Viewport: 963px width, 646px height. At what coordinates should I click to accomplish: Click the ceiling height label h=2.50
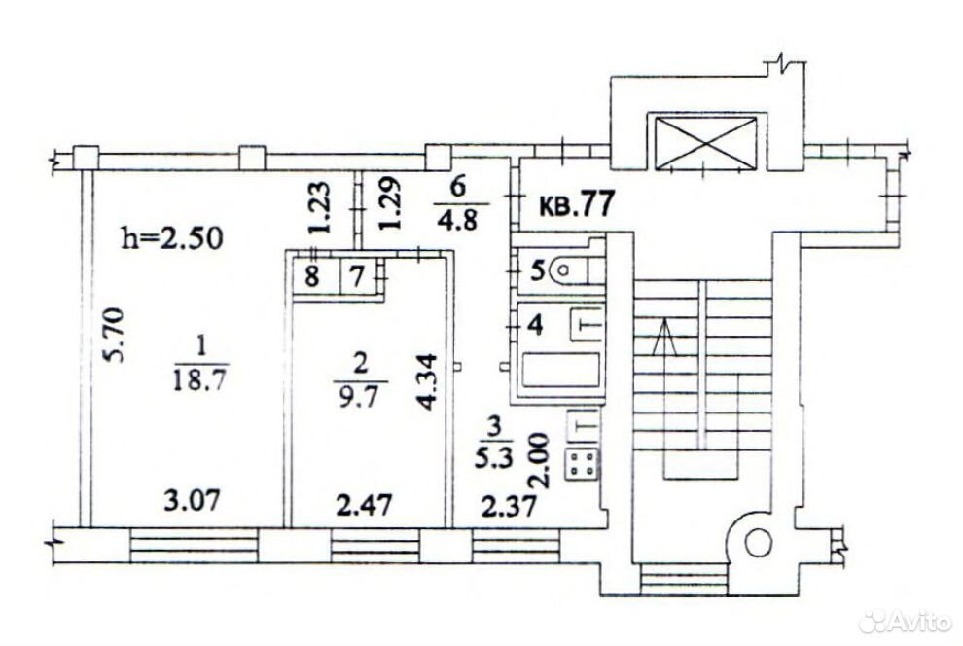coord(172,238)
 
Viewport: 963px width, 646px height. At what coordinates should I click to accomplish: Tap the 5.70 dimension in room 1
coord(114,336)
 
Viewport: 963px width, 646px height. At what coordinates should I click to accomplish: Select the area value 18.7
coord(199,380)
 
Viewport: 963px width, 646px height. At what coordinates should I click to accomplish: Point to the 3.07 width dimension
coord(192,501)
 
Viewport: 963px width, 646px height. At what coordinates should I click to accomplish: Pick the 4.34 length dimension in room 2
coord(426,382)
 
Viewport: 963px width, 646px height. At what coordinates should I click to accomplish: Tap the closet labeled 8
coord(312,276)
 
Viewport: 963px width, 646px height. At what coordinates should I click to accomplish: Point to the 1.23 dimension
coord(322,207)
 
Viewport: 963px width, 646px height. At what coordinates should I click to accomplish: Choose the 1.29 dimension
coord(390,203)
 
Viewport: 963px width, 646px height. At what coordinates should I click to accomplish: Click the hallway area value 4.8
coord(462,220)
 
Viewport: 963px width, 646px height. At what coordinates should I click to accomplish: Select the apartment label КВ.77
coord(577,205)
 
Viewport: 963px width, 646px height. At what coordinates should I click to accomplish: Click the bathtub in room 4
coord(560,370)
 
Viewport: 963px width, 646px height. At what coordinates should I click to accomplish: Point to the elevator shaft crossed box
coord(705,142)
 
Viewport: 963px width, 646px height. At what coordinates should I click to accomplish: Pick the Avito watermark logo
coord(905,622)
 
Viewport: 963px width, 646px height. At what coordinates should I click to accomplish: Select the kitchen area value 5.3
coord(493,458)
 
